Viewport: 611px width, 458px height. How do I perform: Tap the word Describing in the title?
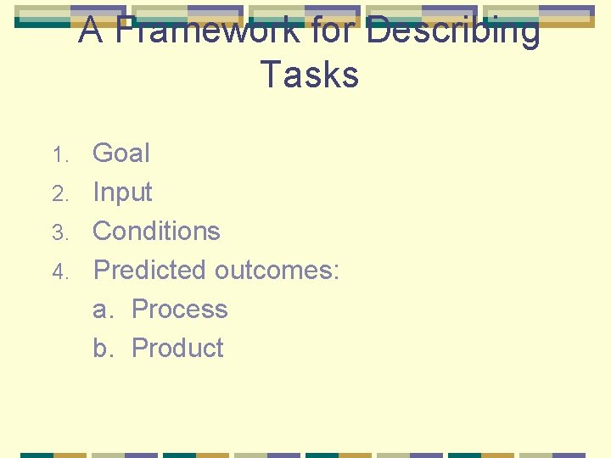click(453, 31)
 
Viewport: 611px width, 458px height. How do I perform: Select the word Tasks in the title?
click(310, 75)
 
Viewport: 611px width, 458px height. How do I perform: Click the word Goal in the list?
click(121, 154)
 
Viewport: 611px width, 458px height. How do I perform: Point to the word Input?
click(122, 193)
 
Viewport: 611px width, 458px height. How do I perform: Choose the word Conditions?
click(156, 231)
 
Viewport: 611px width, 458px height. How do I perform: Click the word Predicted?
click(150, 270)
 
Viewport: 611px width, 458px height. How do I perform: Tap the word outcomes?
click(273, 270)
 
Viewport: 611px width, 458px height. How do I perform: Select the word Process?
click(180, 309)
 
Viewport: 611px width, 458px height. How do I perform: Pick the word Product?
click(178, 348)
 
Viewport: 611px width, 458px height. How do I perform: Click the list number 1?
click(59, 155)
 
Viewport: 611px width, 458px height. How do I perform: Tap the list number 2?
click(59, 194)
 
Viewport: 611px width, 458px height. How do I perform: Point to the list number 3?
click(59, 232)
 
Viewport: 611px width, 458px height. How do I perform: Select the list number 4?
click(59, 271)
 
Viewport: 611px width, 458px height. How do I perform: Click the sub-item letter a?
click(102, 310)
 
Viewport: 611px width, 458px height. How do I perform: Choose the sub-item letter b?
click(102, 348)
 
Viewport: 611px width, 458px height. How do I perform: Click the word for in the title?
click(334, 31)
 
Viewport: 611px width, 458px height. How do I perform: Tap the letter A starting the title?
click(91, 31)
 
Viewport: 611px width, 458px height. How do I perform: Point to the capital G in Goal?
click(104, 154)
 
